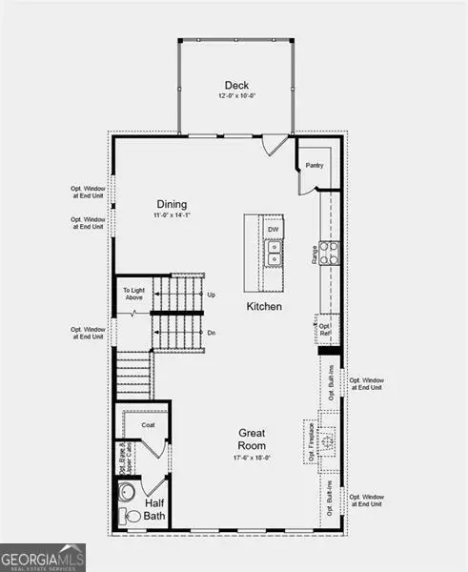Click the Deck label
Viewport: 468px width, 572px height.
point(236,84)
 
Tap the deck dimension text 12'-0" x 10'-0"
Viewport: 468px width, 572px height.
point(236,96)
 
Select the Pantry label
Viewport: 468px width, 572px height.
point(316,165)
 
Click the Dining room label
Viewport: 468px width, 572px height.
point(173,204)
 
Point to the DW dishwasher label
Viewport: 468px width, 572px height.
point(273,230)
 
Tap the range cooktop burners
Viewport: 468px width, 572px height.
point(329,252)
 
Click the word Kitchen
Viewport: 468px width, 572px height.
point(264,306)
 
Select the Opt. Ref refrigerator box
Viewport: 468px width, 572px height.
point(325,329)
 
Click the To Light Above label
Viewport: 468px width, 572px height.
point(133,294)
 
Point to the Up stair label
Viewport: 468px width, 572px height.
point(212,295)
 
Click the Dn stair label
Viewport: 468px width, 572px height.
point(212,334)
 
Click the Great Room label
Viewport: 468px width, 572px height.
point(252,439)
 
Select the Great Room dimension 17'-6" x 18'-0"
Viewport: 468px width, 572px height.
point(252,458)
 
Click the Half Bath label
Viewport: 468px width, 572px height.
point(156,509)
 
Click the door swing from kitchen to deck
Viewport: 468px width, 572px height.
point(276,146)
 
